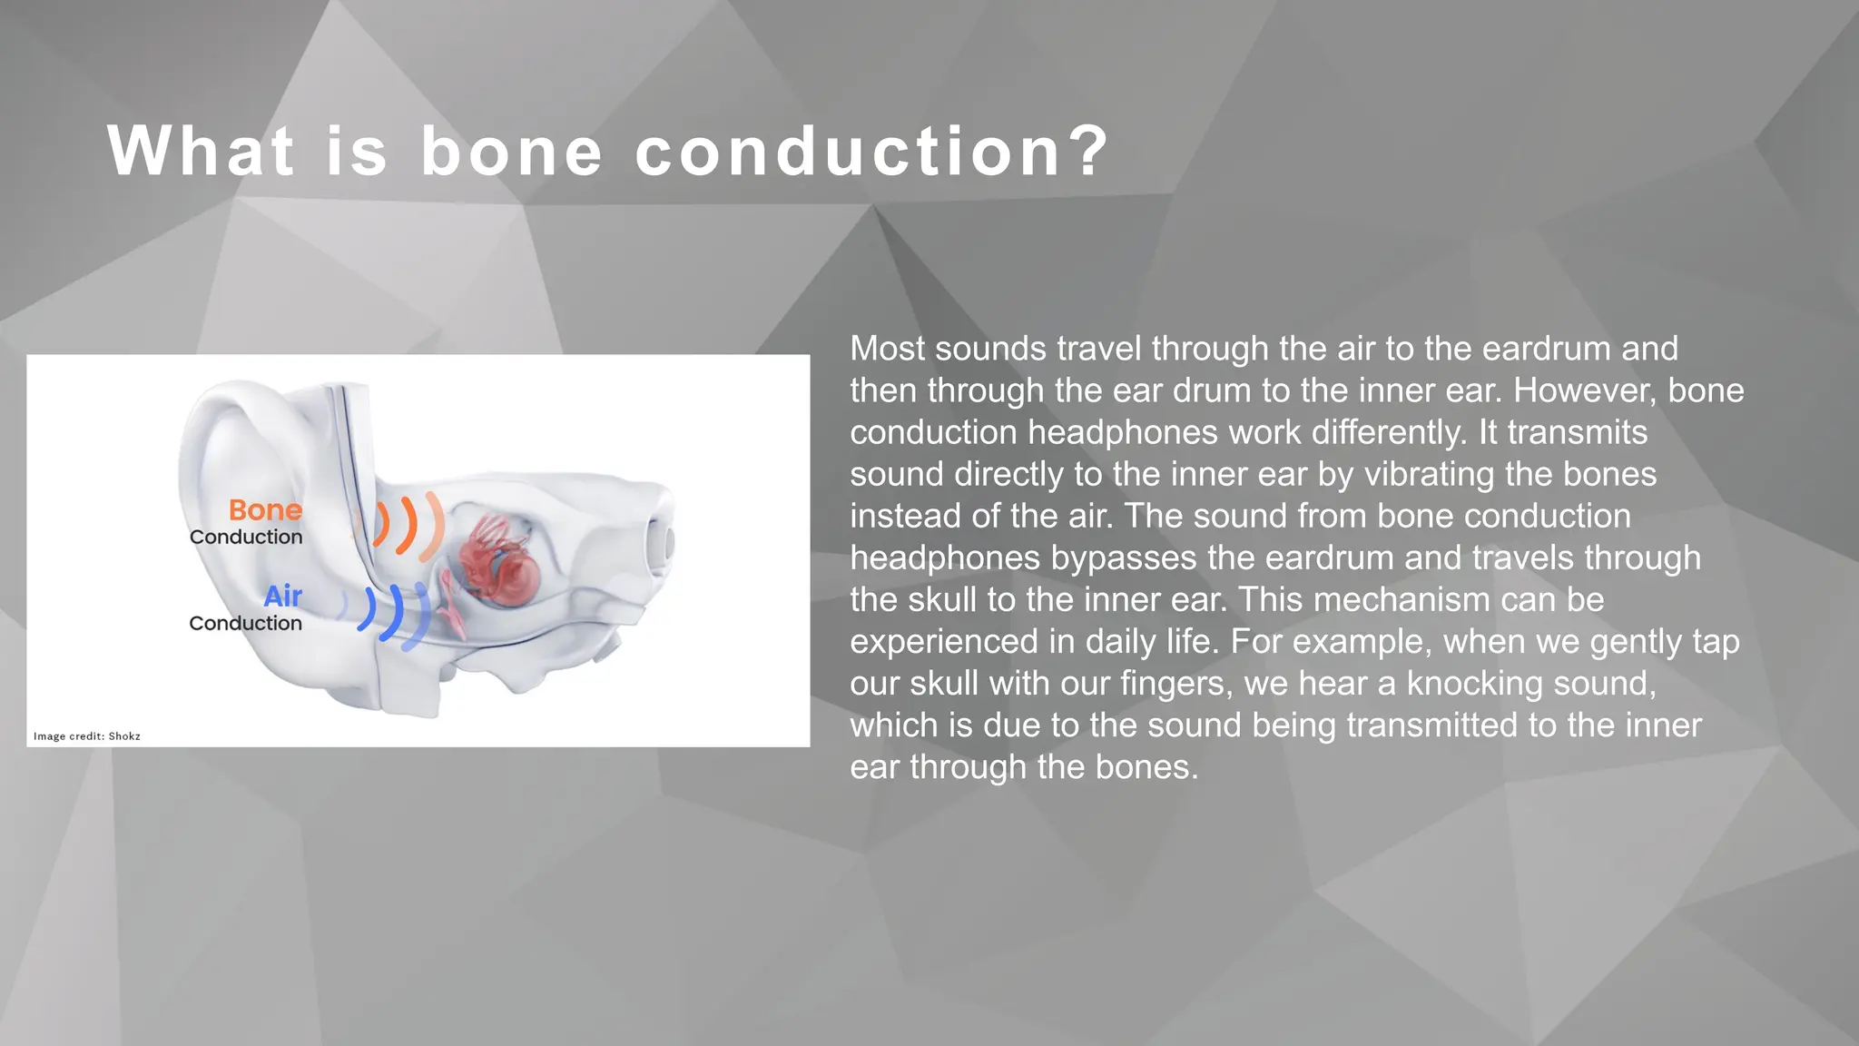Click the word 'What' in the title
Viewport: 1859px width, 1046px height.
pyautogui.click(x=201, y=151)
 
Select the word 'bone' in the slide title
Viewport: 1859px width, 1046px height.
pyautogui.click(x=511, y=151)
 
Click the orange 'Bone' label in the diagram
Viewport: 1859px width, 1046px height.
pyautogui.click(x=264, y=510)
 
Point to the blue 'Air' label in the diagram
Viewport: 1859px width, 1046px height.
pyautogui.click(x=282, y=597)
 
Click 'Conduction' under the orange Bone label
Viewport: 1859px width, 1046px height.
pyautogui.click(x=245, y=538)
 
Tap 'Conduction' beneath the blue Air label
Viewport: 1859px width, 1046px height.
pyautogui.click(x=245, y=624)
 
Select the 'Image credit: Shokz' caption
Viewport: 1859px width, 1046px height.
pyautogui.click(x=87, y=736)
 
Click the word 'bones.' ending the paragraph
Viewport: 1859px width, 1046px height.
pyautogui.click(x=1146, y=767)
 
